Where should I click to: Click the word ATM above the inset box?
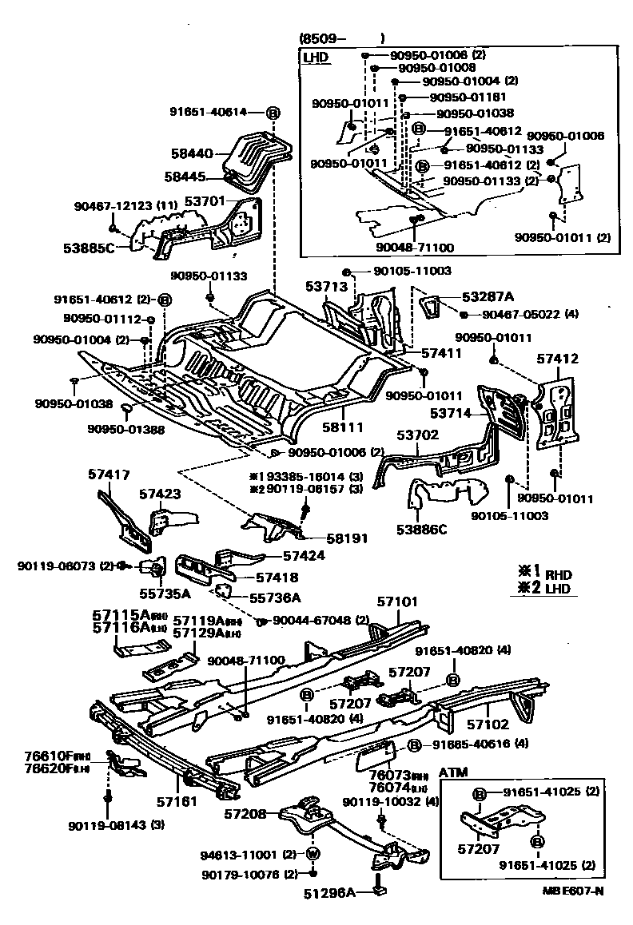(453, 773)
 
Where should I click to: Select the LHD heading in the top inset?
(316, 57)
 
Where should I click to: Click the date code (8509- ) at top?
(342, 38)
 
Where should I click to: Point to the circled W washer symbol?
(313, 853)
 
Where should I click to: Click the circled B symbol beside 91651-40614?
(272, 113)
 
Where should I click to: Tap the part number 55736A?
(274, 597)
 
